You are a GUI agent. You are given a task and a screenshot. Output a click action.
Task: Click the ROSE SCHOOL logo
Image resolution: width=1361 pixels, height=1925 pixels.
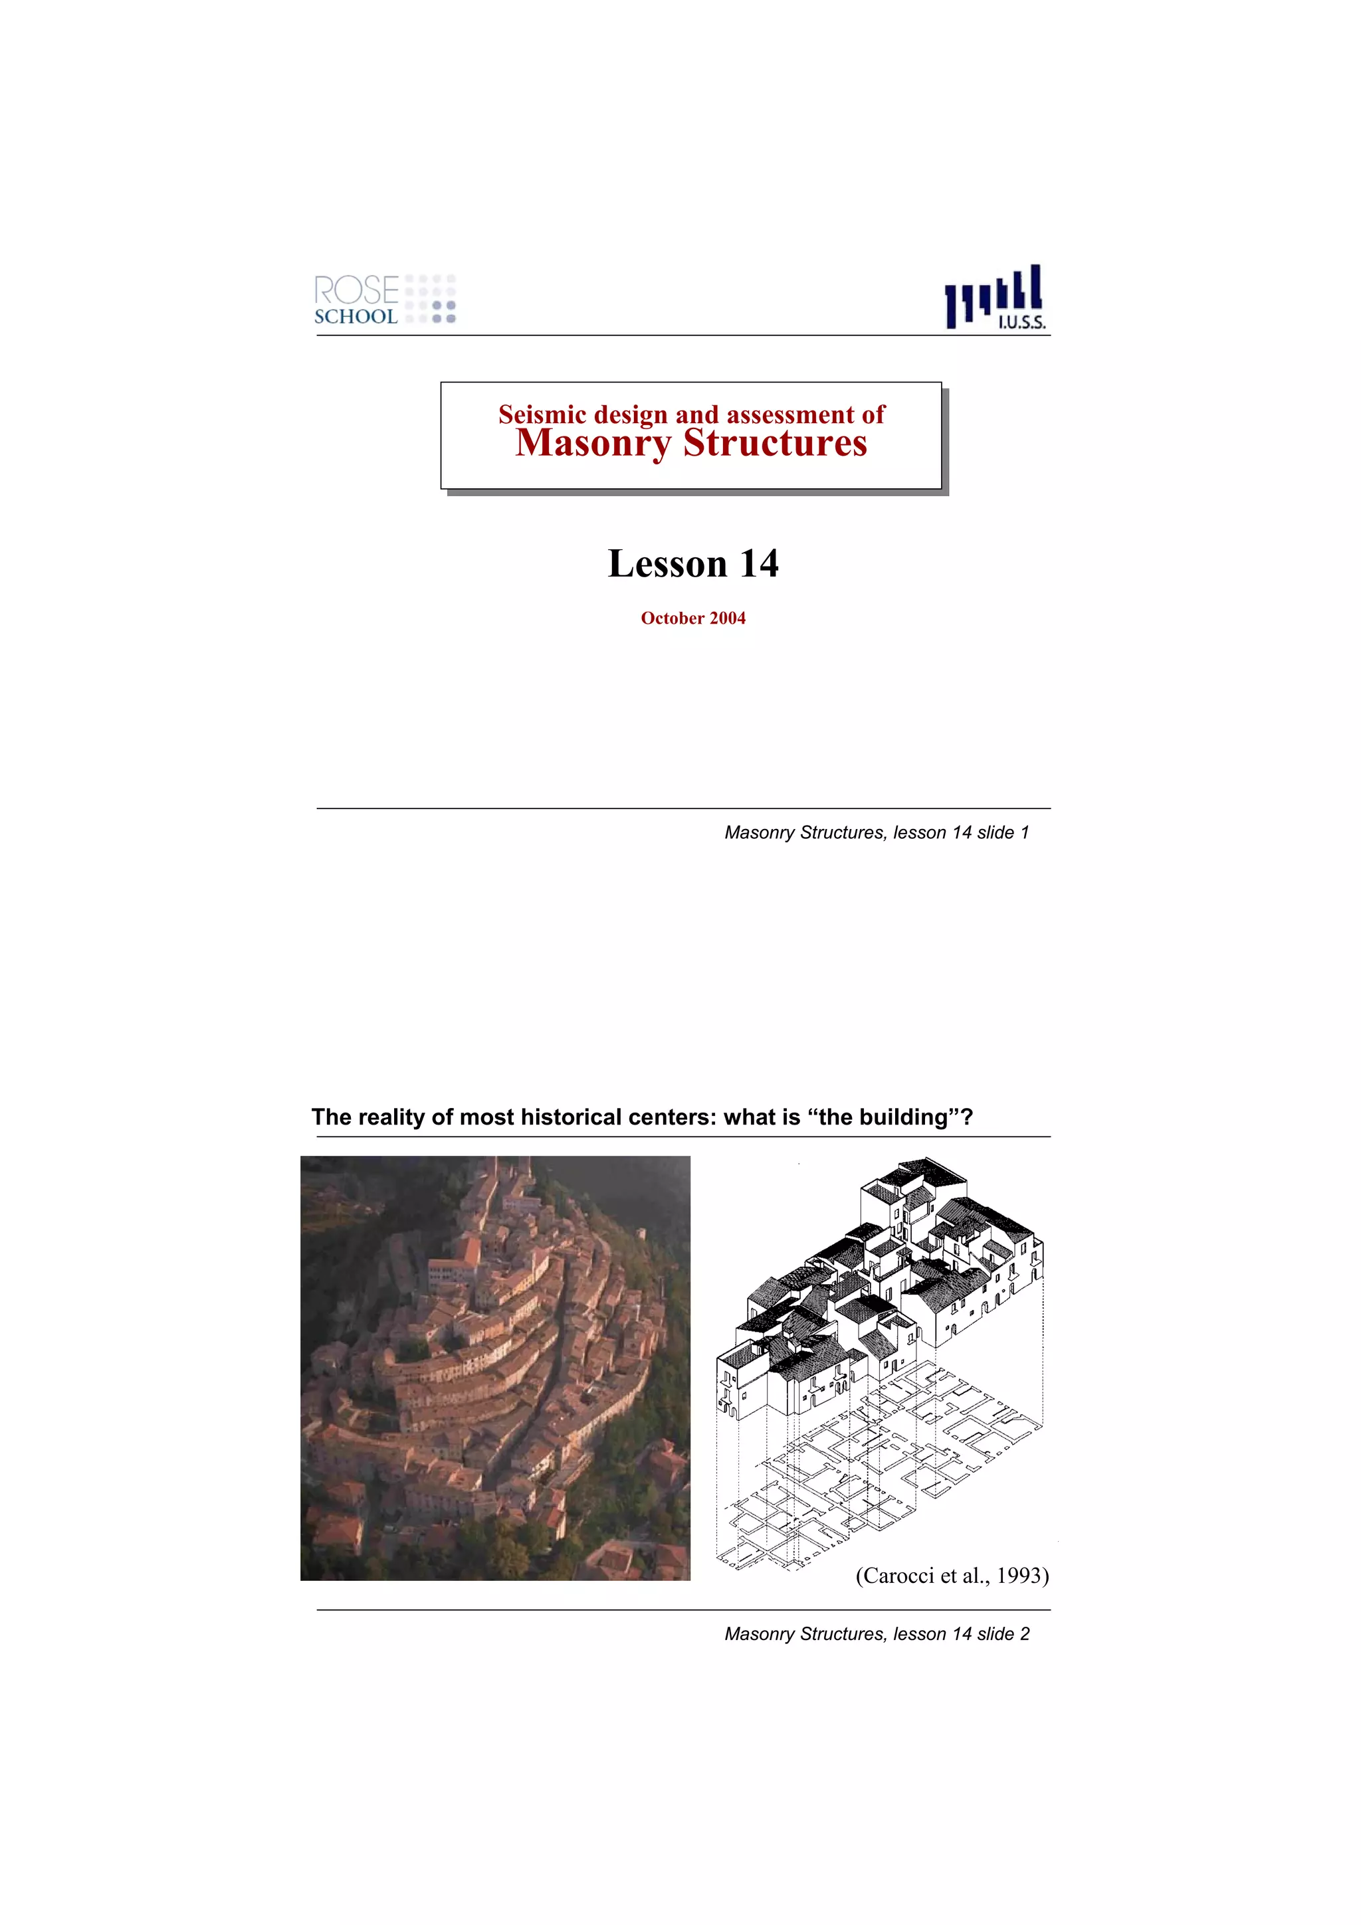point(384,300)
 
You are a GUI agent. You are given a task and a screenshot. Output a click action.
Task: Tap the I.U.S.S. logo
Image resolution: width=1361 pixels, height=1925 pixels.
point(995,298)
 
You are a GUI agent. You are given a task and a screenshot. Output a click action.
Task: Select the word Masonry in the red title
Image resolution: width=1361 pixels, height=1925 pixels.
point(592,444)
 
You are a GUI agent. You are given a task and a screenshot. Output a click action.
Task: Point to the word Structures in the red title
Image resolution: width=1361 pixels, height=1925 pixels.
point(775,444)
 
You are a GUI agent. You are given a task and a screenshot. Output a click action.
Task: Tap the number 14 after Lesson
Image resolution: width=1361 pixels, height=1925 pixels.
point(759,563)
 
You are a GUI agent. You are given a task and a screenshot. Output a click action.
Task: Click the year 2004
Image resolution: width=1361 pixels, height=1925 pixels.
point(727,618)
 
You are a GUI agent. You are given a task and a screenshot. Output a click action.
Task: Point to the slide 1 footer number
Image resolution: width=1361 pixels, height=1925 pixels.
point(1023,832)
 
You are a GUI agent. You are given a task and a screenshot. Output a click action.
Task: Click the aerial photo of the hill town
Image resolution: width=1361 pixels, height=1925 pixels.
point(494,1368)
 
